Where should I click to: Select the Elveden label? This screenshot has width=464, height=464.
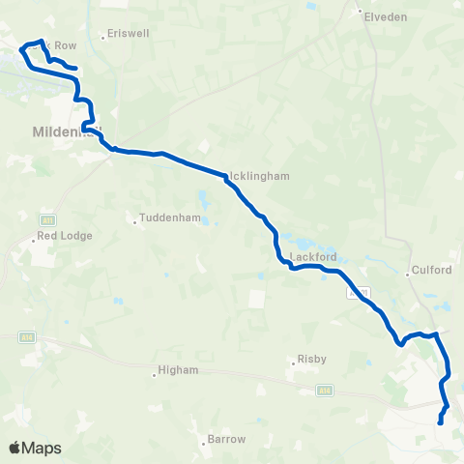click(x=386, y=17)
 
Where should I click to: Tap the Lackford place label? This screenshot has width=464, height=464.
click(x=312, y=257)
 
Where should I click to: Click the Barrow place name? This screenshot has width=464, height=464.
click(x=227, y=439)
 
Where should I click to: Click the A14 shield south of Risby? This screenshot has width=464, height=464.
click(x=324, y=391)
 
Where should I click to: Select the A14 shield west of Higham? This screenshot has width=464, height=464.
click(x=29, y=337)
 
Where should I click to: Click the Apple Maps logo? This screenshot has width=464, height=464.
click(x=35, y=448)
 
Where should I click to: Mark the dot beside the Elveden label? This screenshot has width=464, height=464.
click(x=360, y=13)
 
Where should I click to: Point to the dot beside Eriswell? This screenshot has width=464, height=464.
click(x=102, y=38)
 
